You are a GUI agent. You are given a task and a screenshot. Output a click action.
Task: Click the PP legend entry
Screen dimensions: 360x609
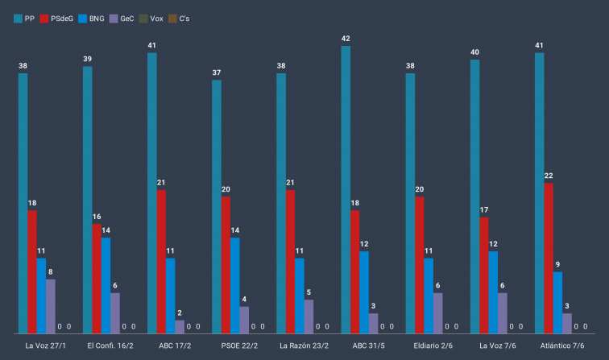(23, 18)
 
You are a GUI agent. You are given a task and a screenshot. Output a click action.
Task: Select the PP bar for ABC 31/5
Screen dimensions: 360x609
(346, 189)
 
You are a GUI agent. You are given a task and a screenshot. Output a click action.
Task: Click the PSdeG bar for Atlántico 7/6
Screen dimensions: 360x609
(549, 258)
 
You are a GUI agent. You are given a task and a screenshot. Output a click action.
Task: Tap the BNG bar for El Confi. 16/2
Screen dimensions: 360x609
(106, 285)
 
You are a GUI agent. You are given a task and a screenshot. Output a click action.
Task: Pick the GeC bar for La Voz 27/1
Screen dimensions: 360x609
(51, 306)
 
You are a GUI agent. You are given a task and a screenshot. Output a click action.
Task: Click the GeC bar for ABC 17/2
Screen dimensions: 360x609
(180, 326)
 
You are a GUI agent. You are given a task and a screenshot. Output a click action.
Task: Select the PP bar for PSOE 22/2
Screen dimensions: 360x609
(217, 206)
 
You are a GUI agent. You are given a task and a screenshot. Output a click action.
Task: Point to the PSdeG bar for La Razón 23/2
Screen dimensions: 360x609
(290, 261)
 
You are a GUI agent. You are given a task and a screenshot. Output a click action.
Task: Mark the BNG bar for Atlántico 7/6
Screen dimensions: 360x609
(557, 302)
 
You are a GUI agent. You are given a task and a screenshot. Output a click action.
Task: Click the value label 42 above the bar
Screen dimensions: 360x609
(346, 38)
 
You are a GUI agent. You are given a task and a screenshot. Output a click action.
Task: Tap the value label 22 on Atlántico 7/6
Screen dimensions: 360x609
(549, 176)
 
